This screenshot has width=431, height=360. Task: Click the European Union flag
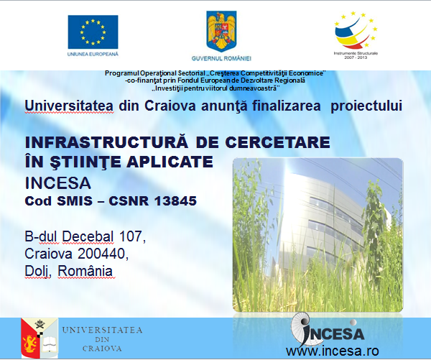pyautogui.click(x=93, y=32)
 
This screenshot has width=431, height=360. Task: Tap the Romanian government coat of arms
pyautogui.click(x=221, y=32)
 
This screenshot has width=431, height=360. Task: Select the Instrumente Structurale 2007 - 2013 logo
pyautogui.click(x=356, y=35)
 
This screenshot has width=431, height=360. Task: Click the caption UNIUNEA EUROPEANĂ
pyautogui.click(x=93, y=54)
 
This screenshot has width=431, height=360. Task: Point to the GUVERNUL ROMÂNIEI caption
pyautogui.click(x=221, y=58)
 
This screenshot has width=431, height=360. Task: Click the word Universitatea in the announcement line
pyautogui.click(x=69, y=106)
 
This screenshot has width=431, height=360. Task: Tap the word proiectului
pyautogui.click(x=366, y=106)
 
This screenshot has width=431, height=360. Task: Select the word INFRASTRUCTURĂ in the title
pyautogui.click(x=106, y=142)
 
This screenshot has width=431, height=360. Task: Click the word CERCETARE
pyautogui.click(x=277, y=142)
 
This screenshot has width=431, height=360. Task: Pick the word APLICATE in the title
pyautogui.click(x=170, y=162)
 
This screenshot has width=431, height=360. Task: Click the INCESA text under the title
pyautogui.click(x=57, y=183)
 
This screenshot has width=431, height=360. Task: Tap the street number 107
pyautogui.click(x=132, y=236)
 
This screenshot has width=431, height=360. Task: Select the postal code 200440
pyautogui.click(x=103, y=254)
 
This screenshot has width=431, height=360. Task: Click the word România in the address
pyautogui.click(x=85, y=271)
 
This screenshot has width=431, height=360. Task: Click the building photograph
pyautogui.click(x=318, y=235)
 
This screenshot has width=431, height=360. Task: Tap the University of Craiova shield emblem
pyautogui.click(x=40, y=338)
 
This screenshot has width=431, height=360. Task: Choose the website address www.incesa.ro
pyautogui.click(x=333, y=351)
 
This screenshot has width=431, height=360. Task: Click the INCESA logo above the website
pyautogui.click(x=328, y=330)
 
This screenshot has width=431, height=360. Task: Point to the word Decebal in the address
pyautogui.click(x=88, y=236)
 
